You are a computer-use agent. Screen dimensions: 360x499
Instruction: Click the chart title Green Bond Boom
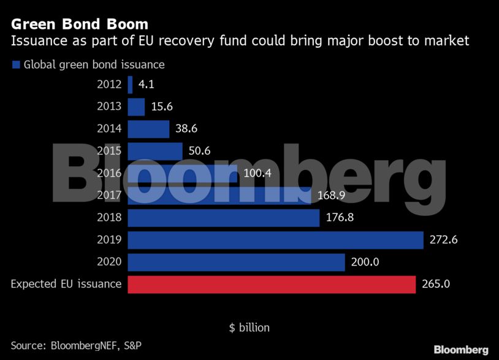80,25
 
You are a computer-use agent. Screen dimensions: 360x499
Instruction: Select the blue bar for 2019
275,240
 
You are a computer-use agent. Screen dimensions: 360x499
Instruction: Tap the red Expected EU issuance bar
272,285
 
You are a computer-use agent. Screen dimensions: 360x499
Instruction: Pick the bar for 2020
236,262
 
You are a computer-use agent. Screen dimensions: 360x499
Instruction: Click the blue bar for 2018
223,218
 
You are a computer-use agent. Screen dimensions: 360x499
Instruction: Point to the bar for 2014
148,129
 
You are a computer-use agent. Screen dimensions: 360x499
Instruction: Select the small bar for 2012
130,85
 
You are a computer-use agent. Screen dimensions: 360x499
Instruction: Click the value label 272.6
444,240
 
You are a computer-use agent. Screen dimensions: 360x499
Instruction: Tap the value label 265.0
436,285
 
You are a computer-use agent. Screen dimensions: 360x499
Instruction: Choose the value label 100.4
258,174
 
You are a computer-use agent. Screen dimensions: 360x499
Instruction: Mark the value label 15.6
162,107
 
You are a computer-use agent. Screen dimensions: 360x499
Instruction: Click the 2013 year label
109,107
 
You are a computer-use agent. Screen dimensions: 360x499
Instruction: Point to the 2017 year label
109,196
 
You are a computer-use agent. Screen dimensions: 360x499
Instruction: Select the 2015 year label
109,151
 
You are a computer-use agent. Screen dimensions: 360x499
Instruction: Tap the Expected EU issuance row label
66,285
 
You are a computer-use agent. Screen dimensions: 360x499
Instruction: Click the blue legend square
16,64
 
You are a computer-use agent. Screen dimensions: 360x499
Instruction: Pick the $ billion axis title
249,327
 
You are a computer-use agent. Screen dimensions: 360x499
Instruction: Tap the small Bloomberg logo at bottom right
461,350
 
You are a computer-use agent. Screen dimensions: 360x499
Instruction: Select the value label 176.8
340,218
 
